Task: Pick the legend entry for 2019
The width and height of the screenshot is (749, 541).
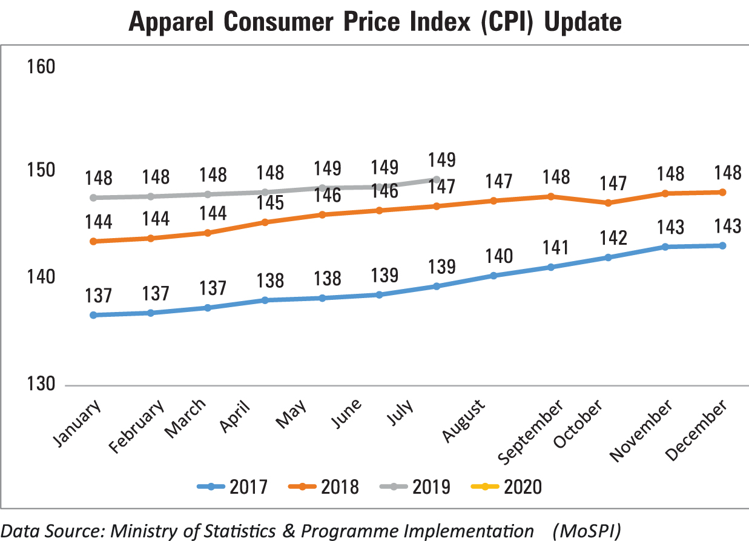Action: pyautogui.click(x=414, y=486)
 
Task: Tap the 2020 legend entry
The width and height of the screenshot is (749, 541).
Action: pyautogui.click(x=505, y=486)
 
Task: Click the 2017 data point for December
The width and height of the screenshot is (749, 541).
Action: pyautogui.click(x=722, y=245)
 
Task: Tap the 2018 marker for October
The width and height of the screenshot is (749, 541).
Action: pyautogui.click(x=608, y=203)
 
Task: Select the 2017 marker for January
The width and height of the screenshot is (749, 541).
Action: pyautogui.click(x=93, y=315)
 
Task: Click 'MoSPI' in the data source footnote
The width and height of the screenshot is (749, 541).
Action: pyautogui.click(x=589, y=531)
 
